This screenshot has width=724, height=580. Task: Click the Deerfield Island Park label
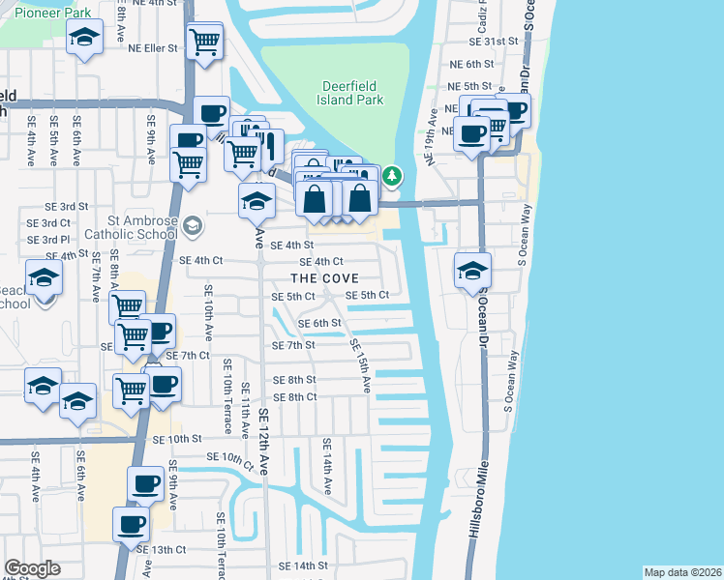(x=352, y=92)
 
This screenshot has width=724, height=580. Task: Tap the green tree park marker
(x=392, y=176)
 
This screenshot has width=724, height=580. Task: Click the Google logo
(x=32, y=568)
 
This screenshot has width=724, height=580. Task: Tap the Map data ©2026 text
(x=682, y=572)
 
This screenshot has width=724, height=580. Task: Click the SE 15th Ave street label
(x=361, y=365)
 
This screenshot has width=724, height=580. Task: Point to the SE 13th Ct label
(x=161, y=549)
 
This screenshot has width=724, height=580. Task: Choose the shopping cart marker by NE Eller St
(x=205, y=42)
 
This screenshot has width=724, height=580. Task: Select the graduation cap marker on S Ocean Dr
(x=472, y=270)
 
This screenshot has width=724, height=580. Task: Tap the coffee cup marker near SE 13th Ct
(x=131, y=524)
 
